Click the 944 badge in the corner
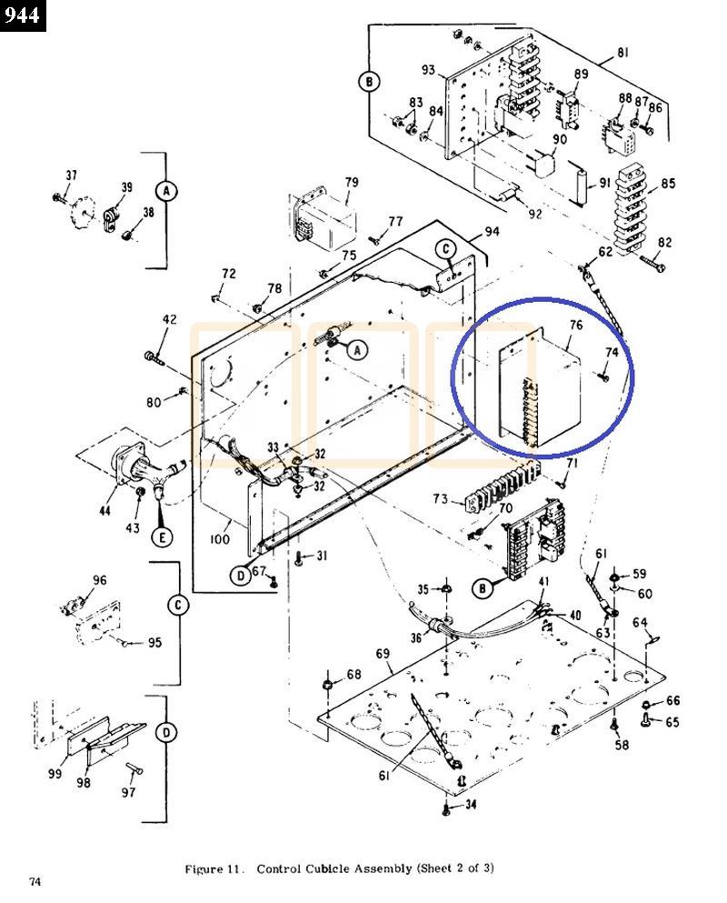click(x=23, y=15)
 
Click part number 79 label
click(x=351, y=184)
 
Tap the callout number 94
click(x=491, y=231)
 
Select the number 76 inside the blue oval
click(x=576, y=326)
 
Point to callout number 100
click(x=220, y=539)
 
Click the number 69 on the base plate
click(x=383, y=654)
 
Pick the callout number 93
click(x=428, y=71)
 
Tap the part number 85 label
click(x=668, y=184)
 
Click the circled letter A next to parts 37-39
click(x=165, y=191)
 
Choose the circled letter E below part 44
click(x=164, y=537)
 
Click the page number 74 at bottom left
click(x=35, y=881)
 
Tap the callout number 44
click(x=106, y=511)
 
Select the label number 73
click(x=440, y=499)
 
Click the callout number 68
click(x=353, y=675)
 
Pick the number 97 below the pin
click(x=128, y=792)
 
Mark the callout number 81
click(x=622, y=52)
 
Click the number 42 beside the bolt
click(x=170, y=319)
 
